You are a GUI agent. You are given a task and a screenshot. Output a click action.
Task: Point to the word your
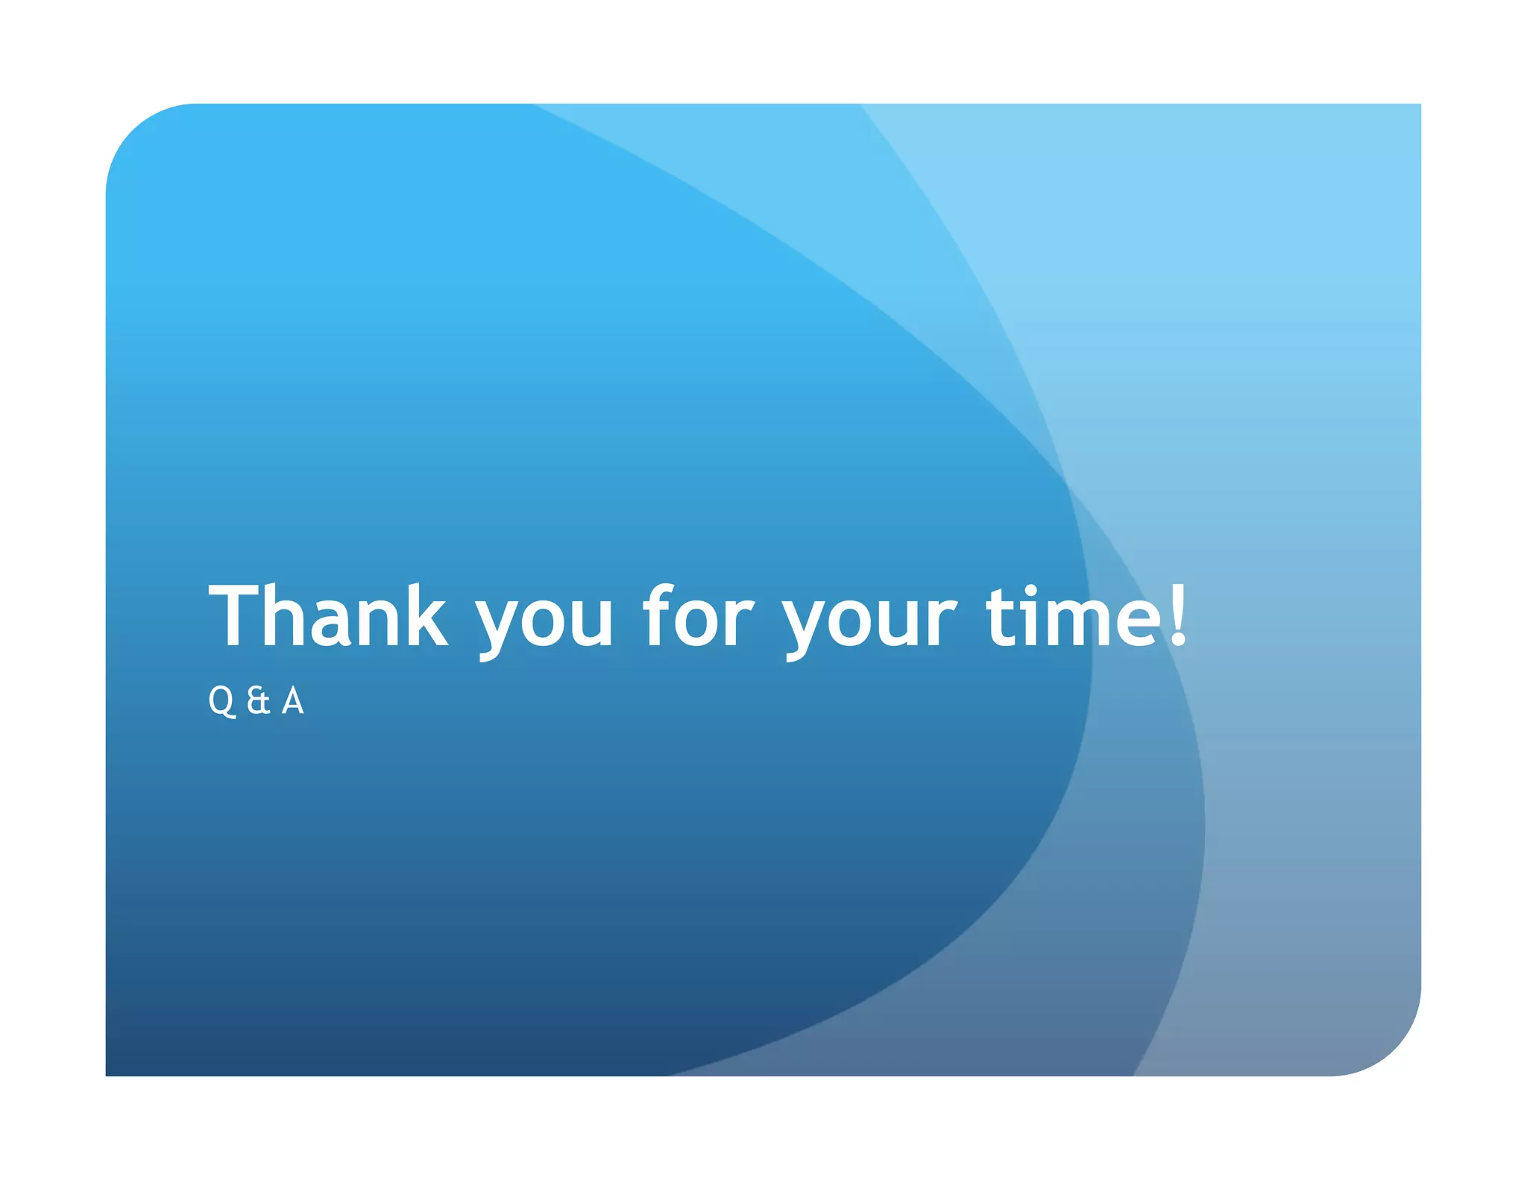869,622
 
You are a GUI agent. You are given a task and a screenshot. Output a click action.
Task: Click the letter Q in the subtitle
221,701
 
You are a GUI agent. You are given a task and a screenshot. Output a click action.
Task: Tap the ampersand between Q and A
258,701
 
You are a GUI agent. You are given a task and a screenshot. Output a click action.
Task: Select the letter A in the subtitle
293,701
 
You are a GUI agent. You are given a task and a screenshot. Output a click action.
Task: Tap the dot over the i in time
1032,592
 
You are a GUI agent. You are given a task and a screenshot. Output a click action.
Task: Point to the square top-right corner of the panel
1419,106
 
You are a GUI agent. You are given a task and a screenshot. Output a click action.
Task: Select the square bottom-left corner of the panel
108,1073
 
